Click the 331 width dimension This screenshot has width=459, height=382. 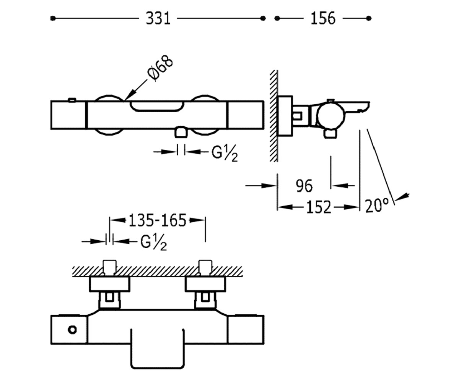pos(158,18)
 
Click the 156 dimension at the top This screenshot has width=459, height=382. pos(323,18)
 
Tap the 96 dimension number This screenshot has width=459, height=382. pos(304,186)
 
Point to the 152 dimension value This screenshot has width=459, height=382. pos(319,207)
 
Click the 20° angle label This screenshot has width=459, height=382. pos(377,206)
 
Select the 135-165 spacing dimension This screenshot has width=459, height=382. pos(157,220)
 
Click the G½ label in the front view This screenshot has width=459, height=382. pos(225,153)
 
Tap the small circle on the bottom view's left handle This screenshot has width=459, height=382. pos(72,330)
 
